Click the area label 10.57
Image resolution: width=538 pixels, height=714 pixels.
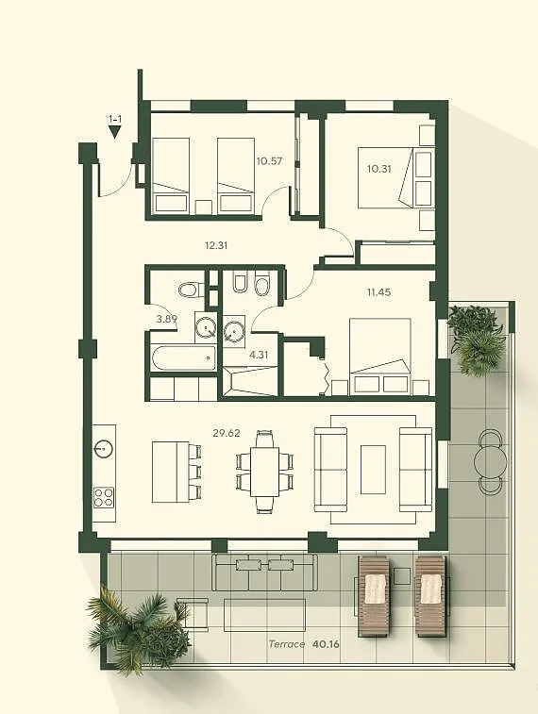(x=269, y=161)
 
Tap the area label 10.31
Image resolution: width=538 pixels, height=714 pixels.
(x=379, y=169)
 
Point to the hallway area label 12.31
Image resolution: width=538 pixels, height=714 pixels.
(x=216, y=245)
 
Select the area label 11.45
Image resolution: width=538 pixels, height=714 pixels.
(x=379, y=292)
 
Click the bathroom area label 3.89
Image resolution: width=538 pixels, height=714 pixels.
(x=166, y=319)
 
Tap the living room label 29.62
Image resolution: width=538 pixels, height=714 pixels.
(x=227, y=433)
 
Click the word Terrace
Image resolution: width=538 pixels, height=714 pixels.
(x=287, y=644)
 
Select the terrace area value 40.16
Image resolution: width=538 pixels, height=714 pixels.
(x=327, y=644)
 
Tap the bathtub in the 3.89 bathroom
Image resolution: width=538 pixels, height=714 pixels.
(x=183, y=358)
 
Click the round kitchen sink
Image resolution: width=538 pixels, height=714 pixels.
(x=104, y=450)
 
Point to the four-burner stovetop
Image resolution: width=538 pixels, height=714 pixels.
(x=104, y=497)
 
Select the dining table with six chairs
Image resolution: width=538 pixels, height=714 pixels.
(x=264, y=472)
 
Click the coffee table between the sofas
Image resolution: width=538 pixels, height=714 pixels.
(x=373, y=470)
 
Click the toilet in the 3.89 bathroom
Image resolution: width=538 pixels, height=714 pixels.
(x=190, y=290)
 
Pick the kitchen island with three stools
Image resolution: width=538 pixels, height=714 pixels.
(x=177, y=472)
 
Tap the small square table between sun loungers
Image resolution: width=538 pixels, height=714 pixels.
(x=402, y=576)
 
